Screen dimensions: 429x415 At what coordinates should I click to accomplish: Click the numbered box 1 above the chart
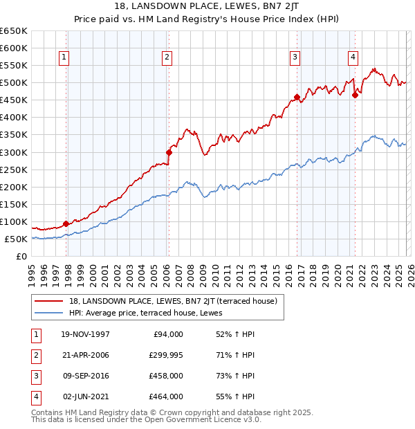point(64,57)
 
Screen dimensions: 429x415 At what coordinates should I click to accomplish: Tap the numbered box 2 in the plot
point(167,57)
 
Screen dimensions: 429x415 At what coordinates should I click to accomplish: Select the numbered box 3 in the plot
point(295,57)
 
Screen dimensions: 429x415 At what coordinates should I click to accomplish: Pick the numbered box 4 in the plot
point(353,57)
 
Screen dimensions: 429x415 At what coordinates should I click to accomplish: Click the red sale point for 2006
point(169,152)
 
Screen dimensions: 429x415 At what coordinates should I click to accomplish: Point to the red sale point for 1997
point(66,223)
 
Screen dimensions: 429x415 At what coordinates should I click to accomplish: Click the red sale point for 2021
point(355,95)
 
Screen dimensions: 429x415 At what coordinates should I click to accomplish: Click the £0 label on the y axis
point(21,256)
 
